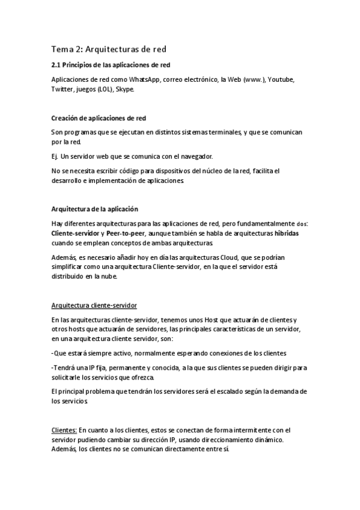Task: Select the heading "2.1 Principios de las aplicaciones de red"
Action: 114,65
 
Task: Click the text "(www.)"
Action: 251,79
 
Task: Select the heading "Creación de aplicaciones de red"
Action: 99,118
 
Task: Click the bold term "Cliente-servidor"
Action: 76,233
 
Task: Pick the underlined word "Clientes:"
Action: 64,430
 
